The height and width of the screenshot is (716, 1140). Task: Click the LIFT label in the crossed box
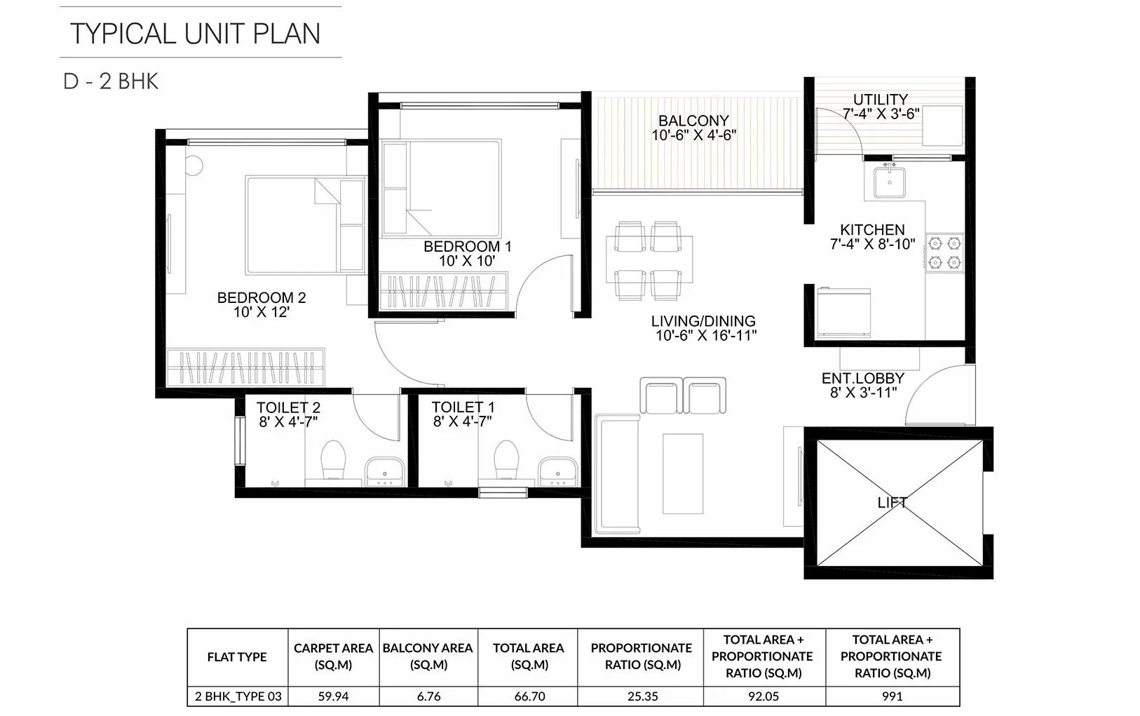coord(892,503)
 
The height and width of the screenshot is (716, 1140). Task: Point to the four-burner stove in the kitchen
coord(944,252)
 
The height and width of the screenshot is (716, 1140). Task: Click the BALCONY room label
coord(693,121)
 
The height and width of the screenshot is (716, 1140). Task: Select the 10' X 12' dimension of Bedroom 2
coord(261,313)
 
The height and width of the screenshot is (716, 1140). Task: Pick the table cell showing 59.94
coord(333,696)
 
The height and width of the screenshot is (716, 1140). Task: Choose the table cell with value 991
coord(892,696)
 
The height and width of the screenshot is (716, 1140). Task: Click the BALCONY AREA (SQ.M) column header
coord(428,656)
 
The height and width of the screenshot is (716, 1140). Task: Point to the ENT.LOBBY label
coord(863,378)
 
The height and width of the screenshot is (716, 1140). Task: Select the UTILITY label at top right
coord(881,100)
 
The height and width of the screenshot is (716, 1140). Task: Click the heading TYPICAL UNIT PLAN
coord(196,33)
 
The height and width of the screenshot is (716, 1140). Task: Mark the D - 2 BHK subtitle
coord(111,81)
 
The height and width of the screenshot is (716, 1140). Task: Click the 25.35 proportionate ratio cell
coord(642,696)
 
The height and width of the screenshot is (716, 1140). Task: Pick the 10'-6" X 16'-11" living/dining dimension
coord(705,336)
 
